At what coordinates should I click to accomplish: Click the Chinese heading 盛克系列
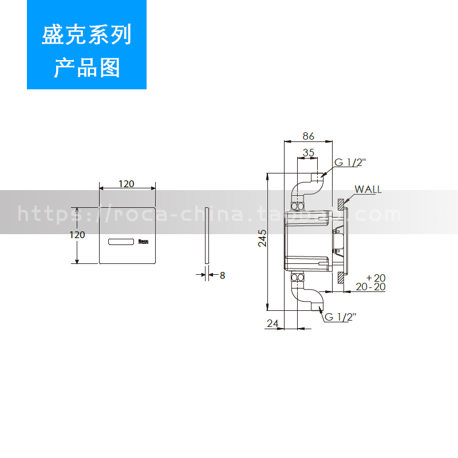pyautogui.click(x=87, y=35)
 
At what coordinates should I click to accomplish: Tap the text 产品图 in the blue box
pyautogui.click(x=87, y=68)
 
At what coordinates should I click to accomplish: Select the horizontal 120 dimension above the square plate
pyautogui.click(x=127, y=184)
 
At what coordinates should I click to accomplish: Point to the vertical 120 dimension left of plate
pyautogui.click(x=77, y=235)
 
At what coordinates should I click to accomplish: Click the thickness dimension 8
pyautogui.click(x=222, y=275)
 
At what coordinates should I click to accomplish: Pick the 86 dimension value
pyautogui.click(x=309, y=136)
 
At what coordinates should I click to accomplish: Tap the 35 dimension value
pyautogui.click(x=309, y=152)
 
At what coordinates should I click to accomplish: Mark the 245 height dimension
pyautogui.click(x=262, y=238)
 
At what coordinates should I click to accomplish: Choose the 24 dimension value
pyautogui.click(x=272, y=323)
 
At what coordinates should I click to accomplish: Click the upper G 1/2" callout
pyautogui.click(x=350, y=163)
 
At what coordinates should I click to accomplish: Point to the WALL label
pyautogui.click(x=368, y=189)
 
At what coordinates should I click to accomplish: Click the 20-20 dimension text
pyautogui.click(x=370, y=287)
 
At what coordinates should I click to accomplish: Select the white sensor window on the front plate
pyautogui.click(x=121, y=242)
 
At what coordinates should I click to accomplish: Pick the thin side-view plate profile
pyautogui.click(x=206, y=235)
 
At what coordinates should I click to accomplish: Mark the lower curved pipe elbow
pyautogui.click(x=307, y=293)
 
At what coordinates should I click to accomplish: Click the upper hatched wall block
pyautogui.click(x=341, y=203)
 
